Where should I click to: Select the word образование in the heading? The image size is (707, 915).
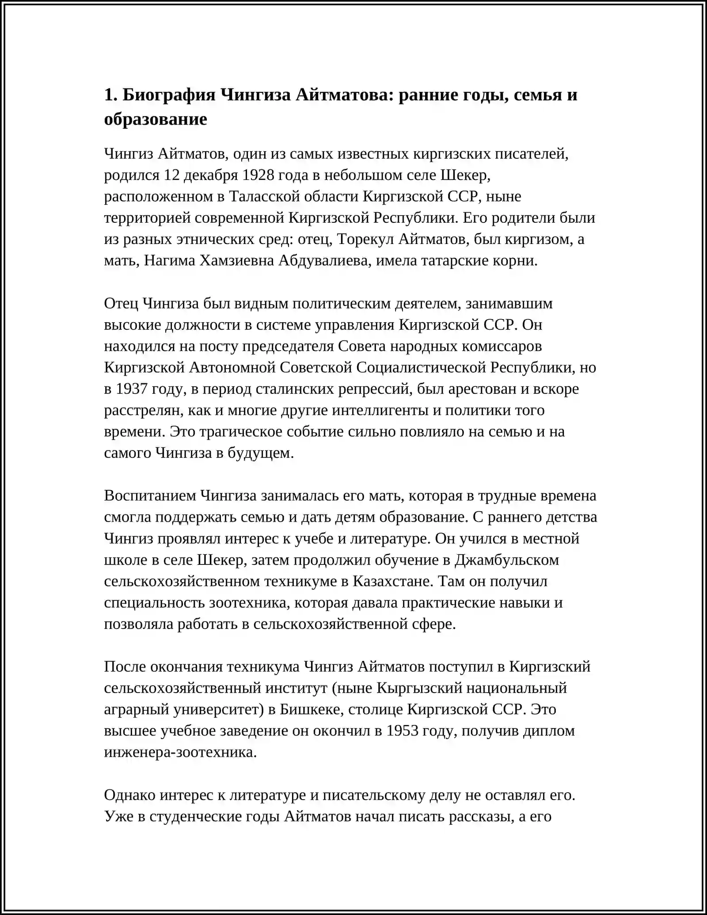[x=156, y=119]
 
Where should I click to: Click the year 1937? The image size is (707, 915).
[x=131, y=389]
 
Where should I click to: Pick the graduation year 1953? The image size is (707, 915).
[x=402, y=731]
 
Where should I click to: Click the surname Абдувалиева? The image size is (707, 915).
[x=325, y=261]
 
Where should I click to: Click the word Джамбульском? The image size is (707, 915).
[x=507, y=560]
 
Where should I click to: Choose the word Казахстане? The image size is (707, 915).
[x=392, y=581]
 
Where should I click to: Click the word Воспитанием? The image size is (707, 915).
[x=150, y=496]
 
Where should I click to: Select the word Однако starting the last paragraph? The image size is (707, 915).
[x=129, y=795]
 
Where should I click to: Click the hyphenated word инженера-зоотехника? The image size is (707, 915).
[x=180, y=752]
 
